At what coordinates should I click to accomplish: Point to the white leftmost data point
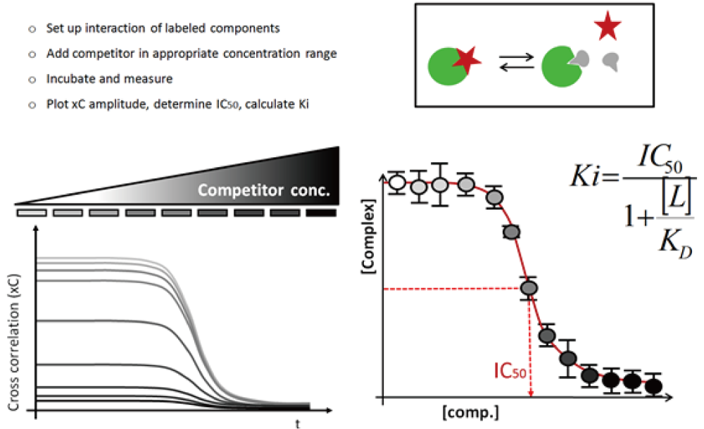[x=397, y=183]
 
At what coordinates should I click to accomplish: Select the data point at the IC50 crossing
[x=529, y=288]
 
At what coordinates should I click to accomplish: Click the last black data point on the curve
[x=654, y=386]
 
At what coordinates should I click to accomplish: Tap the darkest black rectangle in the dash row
[x=322, y=212]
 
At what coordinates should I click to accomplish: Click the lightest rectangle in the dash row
[x=32, y=212]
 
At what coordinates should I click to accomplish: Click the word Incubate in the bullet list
[x=68, y=78]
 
